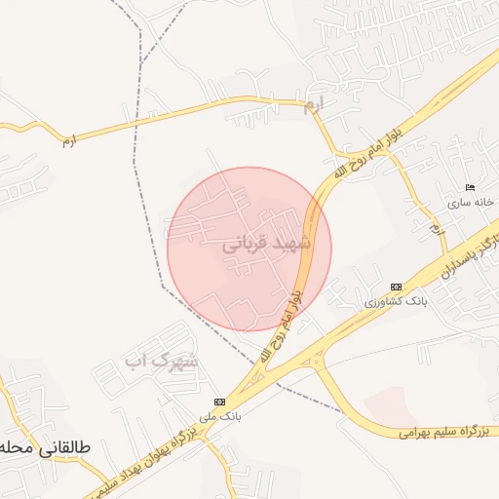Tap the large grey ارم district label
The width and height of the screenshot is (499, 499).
click(313, 106)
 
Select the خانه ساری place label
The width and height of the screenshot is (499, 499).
click(472, 204)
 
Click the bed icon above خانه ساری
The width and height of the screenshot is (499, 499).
click(472, 188)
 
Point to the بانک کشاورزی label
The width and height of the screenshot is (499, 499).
click(396, 302)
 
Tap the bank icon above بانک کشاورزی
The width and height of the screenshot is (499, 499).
click(396, 287)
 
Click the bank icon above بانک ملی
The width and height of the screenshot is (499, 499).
click(219, 401)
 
